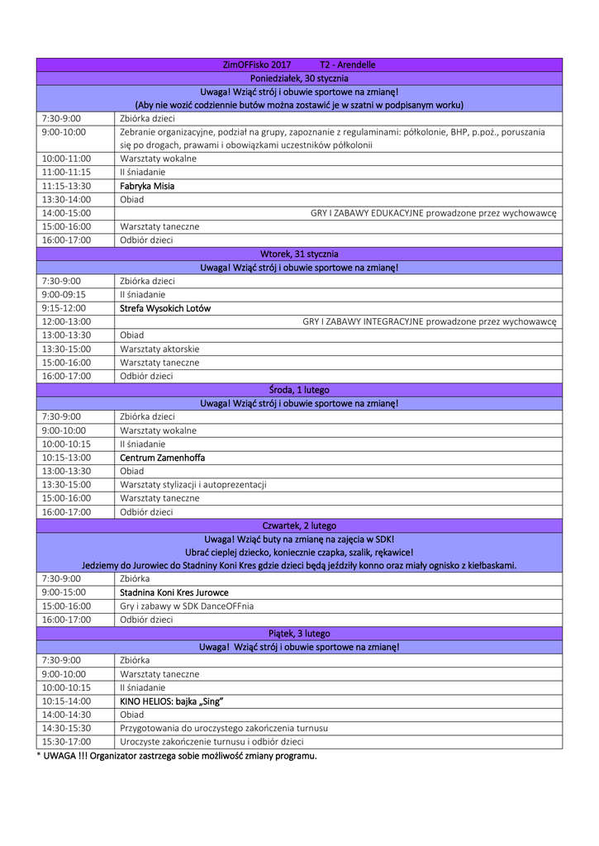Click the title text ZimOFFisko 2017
pyautogui.click(x=257, y=64)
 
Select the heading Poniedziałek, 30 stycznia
pyautogui.click(x=299, y=78)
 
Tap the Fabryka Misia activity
pyautogui.click(x=147, y=186)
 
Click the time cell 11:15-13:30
pyautogui.click(x=66, y=186)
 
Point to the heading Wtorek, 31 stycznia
pyautogui.click(x=299, y=254)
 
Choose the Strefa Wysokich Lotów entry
pyautogui.click(x=165, y=308)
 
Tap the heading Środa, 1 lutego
pyautogui.click(x=299, y=389)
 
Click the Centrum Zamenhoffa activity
pyautogui.click(x=162, y=458)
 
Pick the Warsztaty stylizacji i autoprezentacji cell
pyautogui.click(x=193, y=484)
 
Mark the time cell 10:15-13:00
pyautogui.click(x=66, y=458)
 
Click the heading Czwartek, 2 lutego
pyautogui.click(x=299, y=525)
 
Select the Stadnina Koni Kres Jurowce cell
pyautogui.click(x=174, y=592)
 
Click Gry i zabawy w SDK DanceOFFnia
pyautogui.click(x=187, y=606)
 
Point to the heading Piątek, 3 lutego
pyautogui.click(x=299, y=634)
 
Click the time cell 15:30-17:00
pyautogui.click(x=66, y=742)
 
